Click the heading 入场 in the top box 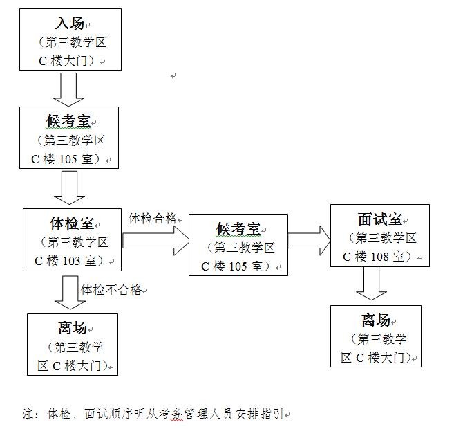click(70, 24)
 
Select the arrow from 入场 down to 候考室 click(68, 89)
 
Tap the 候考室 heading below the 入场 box click(68, 121)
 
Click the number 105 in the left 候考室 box click(68, 159)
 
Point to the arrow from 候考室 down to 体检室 click(69, 188)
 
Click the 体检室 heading click(71, 223)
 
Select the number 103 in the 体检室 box click(71, 261)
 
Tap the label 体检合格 click(153, 218)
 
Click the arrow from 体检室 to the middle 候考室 click(155, 241)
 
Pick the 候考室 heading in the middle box click(238, 229)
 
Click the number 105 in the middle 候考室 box click(238, 266)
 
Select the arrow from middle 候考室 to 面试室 click(309, 241)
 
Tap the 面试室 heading click(379, 219)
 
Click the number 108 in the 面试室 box click(379, 257)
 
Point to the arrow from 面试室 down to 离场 click(372, 283)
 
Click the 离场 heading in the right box click(376, 320)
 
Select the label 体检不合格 click(111, 289)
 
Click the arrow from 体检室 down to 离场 click(70, 293)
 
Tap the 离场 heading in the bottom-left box click(73, 328)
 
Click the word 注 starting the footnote click(28, 414)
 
